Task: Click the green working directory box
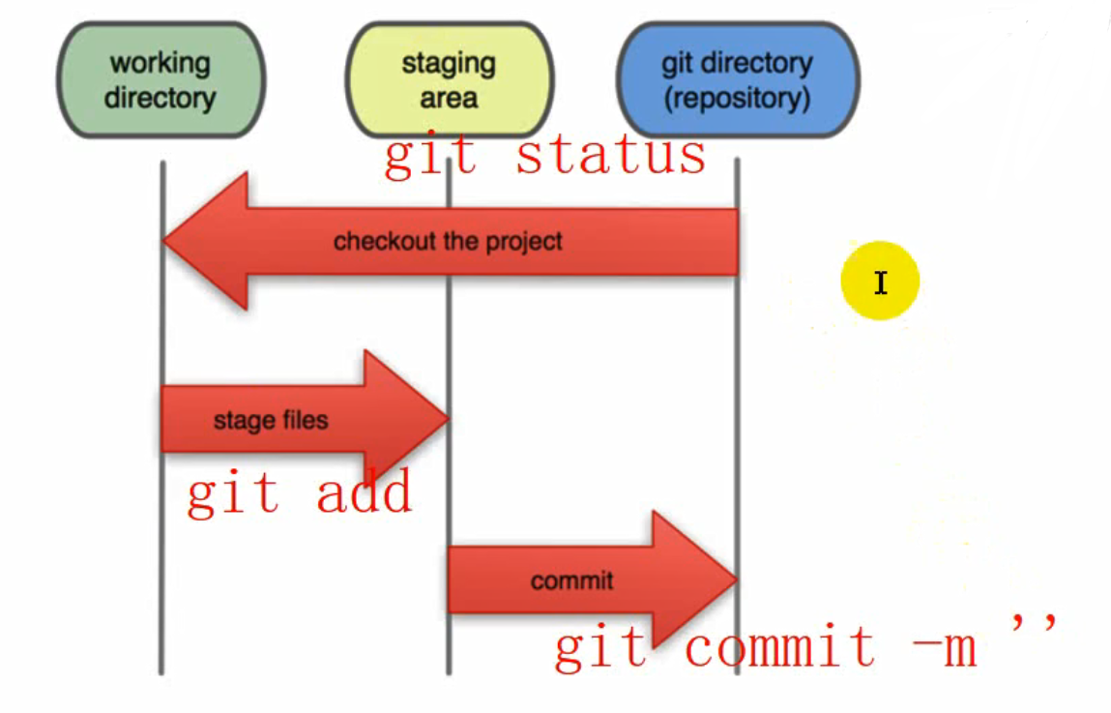(161, 80)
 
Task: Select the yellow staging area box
(449, 80)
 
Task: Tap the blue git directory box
(737, 80)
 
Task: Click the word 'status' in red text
(611, 156)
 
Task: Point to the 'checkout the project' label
(448, 241)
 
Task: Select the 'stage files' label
(271, 421)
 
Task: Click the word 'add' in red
(364, 493)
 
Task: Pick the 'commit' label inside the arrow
(571, 580)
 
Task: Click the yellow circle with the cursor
(880, 282)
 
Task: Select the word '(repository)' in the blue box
(737, 98)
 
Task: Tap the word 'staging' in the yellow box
(449, 64)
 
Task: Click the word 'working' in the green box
(161, 64)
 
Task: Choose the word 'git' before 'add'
(233, 493)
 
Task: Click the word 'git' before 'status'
(430, 156)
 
